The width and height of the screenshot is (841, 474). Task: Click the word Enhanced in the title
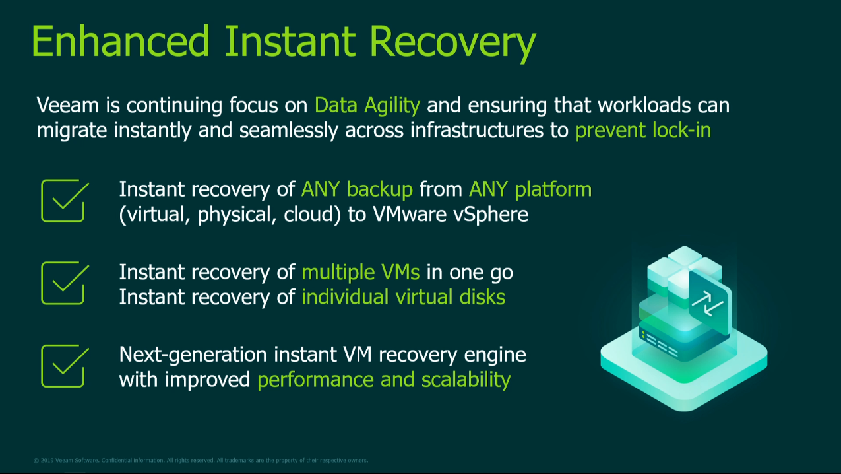[x=121, y=41]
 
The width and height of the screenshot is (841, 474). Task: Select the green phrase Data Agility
[x=367, y=106]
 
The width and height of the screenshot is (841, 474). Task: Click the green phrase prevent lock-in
[x=643, y=131]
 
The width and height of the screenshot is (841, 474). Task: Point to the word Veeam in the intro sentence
[x=67, y=105]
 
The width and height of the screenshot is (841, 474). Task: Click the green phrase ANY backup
[x=357, y=189]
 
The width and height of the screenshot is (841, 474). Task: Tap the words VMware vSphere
[x=450, y=215]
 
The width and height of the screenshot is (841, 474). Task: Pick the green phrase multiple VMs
[x=360, y=273]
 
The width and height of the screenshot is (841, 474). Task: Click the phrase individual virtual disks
[x=403, y=297]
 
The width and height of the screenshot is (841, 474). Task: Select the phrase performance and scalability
[x=384, y=380]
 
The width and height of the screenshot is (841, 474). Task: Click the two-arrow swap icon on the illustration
[x=708, y=304]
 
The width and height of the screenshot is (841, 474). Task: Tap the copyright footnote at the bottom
[x=201, y=461]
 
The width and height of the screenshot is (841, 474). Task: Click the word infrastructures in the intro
[x=477, y=131]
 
